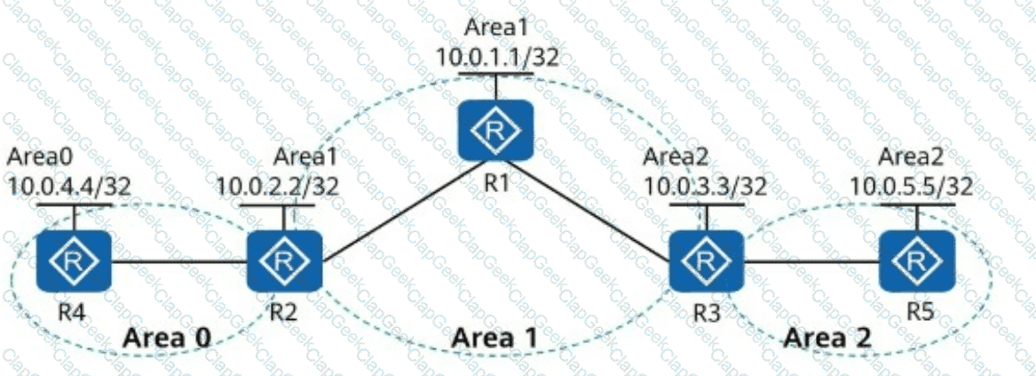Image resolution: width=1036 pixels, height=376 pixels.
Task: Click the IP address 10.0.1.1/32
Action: tap(496, 57)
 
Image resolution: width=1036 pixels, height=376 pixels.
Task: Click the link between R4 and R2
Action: tap(178, 261)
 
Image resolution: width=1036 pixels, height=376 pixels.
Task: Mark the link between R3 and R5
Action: tap(810, 261)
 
